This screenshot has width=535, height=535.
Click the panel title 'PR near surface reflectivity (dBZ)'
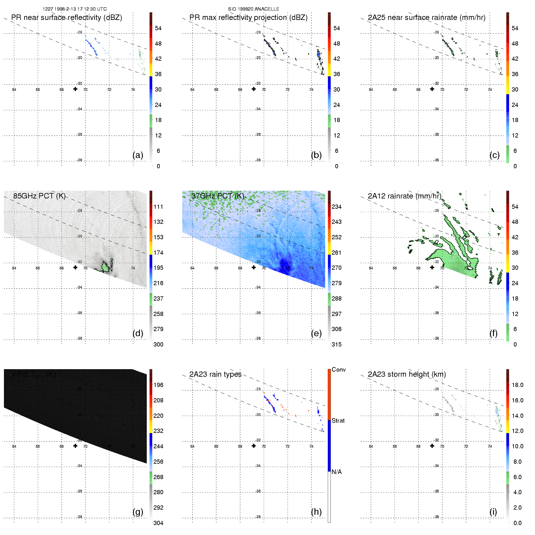pyautogui.click(x=66, y=18)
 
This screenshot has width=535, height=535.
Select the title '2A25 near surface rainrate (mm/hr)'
pyautogui.click(x=426, y=18)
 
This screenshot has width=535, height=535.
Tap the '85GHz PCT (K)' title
pyautogui.click(x=39, y=196)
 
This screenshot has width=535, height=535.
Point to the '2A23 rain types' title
pyautogui.click(x=215, y=374)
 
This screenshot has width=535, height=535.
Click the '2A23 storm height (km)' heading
pyautogui.click(x=407, y=374)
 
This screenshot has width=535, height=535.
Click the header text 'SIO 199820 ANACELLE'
pyautogui.click(x=253, y=9)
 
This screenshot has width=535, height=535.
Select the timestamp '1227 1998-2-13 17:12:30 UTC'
pyautogui.click(x=75, y=9)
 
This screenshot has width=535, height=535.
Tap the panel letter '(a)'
pyautogui.click(x=138, y=155)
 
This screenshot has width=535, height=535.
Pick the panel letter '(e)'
pyautogui.click(x=316, y=333)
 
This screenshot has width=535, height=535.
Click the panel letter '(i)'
pyautogui.click(x=493, y=512)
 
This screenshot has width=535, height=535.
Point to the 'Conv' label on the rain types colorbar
pyautogui.click(x=338, y=369)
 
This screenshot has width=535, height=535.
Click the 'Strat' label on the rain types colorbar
pyautogui.click(x=338, y=421)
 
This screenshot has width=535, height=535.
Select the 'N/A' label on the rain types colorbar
pyautogui.click(x=337, y=472)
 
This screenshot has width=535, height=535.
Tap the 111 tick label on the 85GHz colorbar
pyautogui.click(x=158, y=207)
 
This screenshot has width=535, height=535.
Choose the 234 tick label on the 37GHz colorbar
pyautogui.click(x=337, y=207)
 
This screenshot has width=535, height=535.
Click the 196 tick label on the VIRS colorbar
pyautogui.click(x=158, y=385)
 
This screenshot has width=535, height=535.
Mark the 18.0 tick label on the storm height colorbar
pyautogui.click(x=517, y=385)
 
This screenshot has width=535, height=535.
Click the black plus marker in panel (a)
pyautogui.click(x=75, y=89)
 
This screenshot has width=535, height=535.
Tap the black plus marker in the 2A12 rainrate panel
pyautogui.click(x=432, y=267)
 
